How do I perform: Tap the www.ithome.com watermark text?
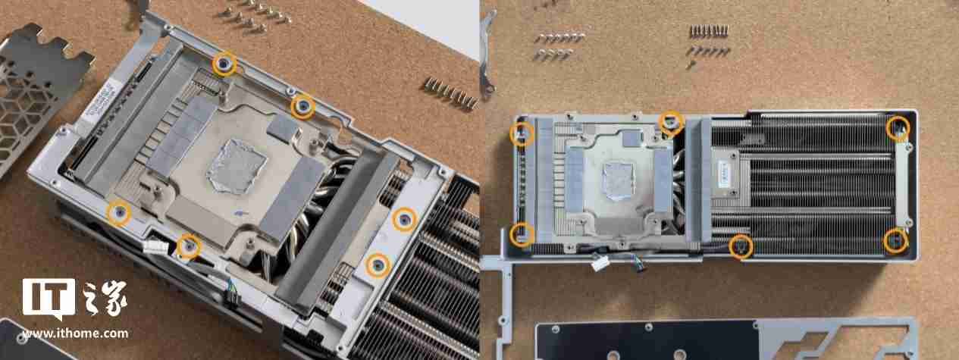(x=75, y=333)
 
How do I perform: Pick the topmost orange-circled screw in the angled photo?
(x=224, y=63)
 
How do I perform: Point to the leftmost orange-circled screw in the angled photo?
(x=118, y=214)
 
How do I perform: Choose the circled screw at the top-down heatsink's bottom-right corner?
(x=896, y=242)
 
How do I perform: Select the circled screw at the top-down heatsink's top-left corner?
(x=522, y=133)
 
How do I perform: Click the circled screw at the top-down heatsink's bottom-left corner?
(x=521, y=233)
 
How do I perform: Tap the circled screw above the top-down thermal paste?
(x=671, y=121)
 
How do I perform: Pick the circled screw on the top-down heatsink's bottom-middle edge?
(x=741, y=246)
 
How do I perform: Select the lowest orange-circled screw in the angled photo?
(x=377, y=265)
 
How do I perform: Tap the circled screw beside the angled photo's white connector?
(x=188, y=246)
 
